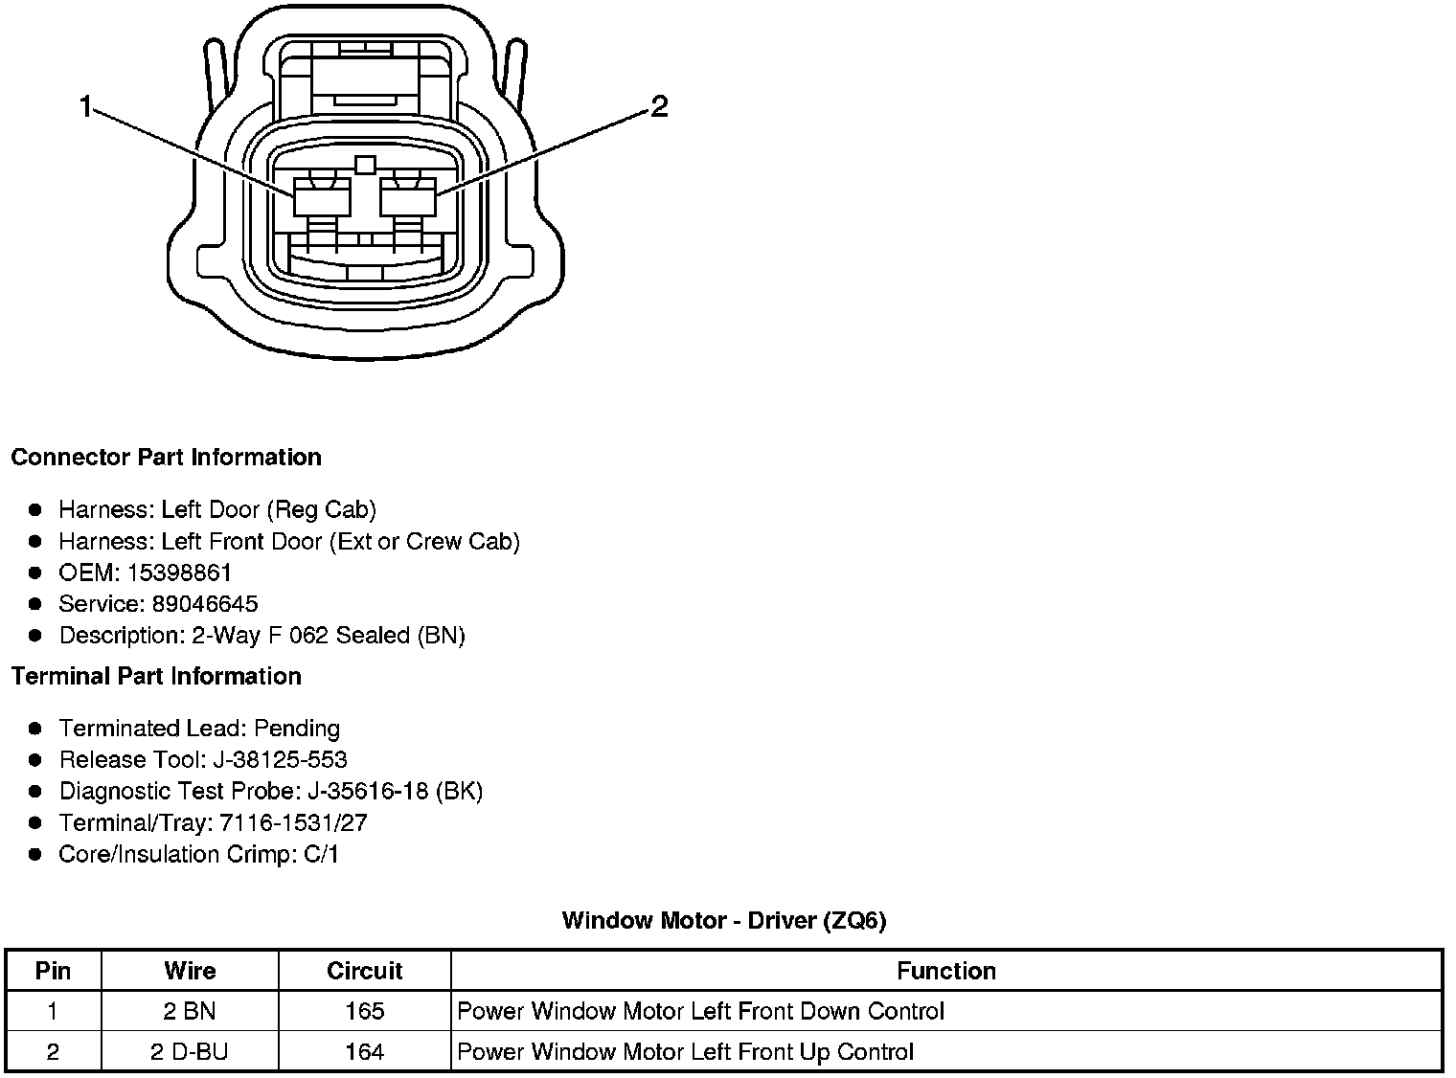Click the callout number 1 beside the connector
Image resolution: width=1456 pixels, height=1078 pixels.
85,106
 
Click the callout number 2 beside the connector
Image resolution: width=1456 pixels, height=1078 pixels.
658,106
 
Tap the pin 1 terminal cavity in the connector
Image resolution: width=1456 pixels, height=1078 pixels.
322,197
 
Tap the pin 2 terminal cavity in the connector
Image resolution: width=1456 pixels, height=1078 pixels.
408,197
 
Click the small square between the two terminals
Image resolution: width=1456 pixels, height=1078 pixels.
365,165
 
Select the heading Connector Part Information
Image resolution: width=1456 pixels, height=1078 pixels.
166,458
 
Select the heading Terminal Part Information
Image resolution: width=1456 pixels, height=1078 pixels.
156,677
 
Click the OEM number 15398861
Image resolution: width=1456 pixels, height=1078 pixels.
179,573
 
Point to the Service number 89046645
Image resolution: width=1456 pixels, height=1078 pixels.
205,604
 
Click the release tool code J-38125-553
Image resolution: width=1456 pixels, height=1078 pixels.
280,760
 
